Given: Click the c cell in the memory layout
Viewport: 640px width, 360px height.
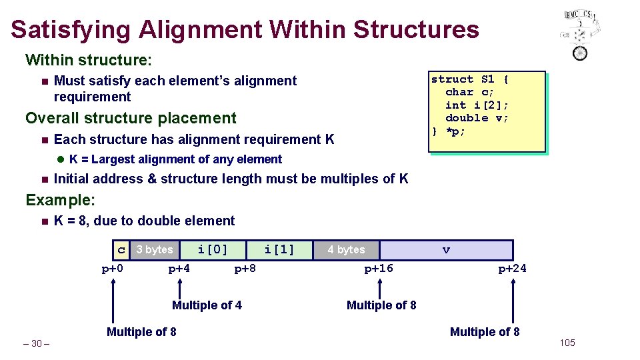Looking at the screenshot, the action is coord(121,250).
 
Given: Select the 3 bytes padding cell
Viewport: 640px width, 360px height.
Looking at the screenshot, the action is coord(154,250).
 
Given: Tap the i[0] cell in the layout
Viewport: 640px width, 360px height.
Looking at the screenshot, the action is coord(213,250).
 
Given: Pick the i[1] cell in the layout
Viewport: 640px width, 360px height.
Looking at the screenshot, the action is coord(279,250).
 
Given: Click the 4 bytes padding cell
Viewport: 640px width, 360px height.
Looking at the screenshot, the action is coord(346,250).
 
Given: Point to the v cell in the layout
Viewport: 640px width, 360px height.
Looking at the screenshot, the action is coord(446,250).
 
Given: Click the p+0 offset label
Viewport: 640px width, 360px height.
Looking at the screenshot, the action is coord(113,269).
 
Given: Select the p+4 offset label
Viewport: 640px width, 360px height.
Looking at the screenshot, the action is coord(179,269).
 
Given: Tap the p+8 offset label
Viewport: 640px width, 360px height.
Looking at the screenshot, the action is coord(245,269).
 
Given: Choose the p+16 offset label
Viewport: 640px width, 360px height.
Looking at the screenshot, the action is coord(379,269).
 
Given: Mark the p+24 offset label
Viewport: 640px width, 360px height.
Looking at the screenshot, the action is coord(512,269).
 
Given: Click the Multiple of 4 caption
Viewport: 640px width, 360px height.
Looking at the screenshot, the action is coord(207,305).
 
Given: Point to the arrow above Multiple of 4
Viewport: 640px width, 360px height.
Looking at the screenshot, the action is coord(180,289).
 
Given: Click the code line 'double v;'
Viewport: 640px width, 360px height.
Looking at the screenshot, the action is coord(477,118).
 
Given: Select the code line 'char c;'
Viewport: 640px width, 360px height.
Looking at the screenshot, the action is coord(469,92).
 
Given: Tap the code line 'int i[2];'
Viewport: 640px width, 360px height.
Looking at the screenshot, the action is coord(477,105).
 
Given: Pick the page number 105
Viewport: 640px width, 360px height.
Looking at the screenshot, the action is coord(567,343).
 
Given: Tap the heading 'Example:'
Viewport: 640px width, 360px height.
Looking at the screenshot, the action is coord(60,200).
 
